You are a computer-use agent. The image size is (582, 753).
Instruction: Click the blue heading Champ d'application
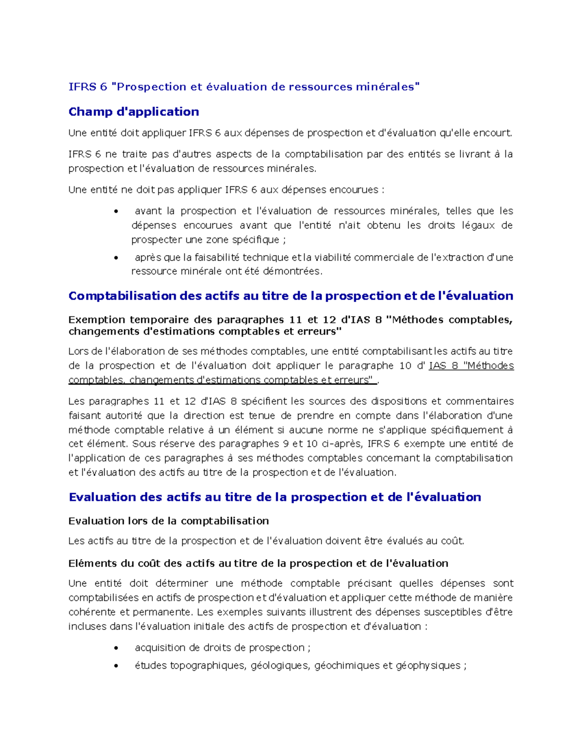pos(133,112)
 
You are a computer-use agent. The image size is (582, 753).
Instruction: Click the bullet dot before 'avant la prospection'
pos(116,211)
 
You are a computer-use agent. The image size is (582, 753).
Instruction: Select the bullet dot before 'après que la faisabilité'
pos(116,258)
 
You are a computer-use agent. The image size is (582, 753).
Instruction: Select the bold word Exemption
pos(97,320)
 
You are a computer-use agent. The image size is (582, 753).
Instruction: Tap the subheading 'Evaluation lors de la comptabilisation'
pos(168,521)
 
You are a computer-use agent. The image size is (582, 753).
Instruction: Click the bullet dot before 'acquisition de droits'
pos(116,648)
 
